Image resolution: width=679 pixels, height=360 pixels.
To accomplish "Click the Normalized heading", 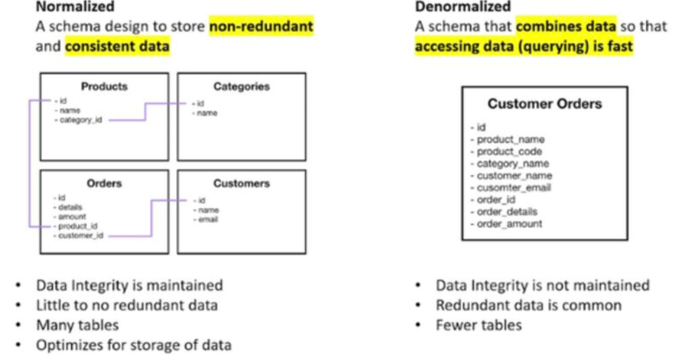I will (x=75, y=8).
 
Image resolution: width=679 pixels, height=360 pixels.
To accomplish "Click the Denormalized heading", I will (x=463, y=8).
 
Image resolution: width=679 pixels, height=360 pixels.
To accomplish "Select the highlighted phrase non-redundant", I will (x=261, y=27).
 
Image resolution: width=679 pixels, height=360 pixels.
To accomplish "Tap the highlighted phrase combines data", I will (x=566, y=27).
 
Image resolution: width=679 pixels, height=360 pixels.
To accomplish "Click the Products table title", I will (x=104, y=86).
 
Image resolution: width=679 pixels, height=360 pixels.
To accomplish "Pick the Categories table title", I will (x=241, y=86).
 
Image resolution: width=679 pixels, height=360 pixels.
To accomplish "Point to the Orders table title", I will (x=104, y=183).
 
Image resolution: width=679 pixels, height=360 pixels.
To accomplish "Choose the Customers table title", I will (x=241, y=183).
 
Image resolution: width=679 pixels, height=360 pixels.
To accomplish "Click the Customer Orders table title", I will (x=544, y=105).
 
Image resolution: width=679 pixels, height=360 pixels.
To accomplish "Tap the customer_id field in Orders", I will (x=80, y=235).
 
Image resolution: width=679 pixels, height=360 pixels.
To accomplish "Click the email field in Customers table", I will (x=207, y=219).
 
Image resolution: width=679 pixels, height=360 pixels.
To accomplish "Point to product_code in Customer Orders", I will (x=509, y=151).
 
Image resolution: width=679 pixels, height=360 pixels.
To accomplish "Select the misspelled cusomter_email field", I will (x=513, y=188).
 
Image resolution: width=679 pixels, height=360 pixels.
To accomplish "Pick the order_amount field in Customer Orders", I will (x=509, y=224).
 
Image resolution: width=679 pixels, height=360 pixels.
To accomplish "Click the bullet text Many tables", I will (x=77, y=325).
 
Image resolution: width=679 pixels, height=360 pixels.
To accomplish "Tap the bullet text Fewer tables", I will (x=478, y=325).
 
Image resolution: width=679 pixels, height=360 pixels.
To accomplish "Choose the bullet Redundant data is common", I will (x=528, y=305).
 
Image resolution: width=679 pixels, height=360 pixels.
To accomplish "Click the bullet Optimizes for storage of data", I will (x=133, y=345).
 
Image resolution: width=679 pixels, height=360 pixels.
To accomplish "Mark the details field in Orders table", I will (x=71, y=207).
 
